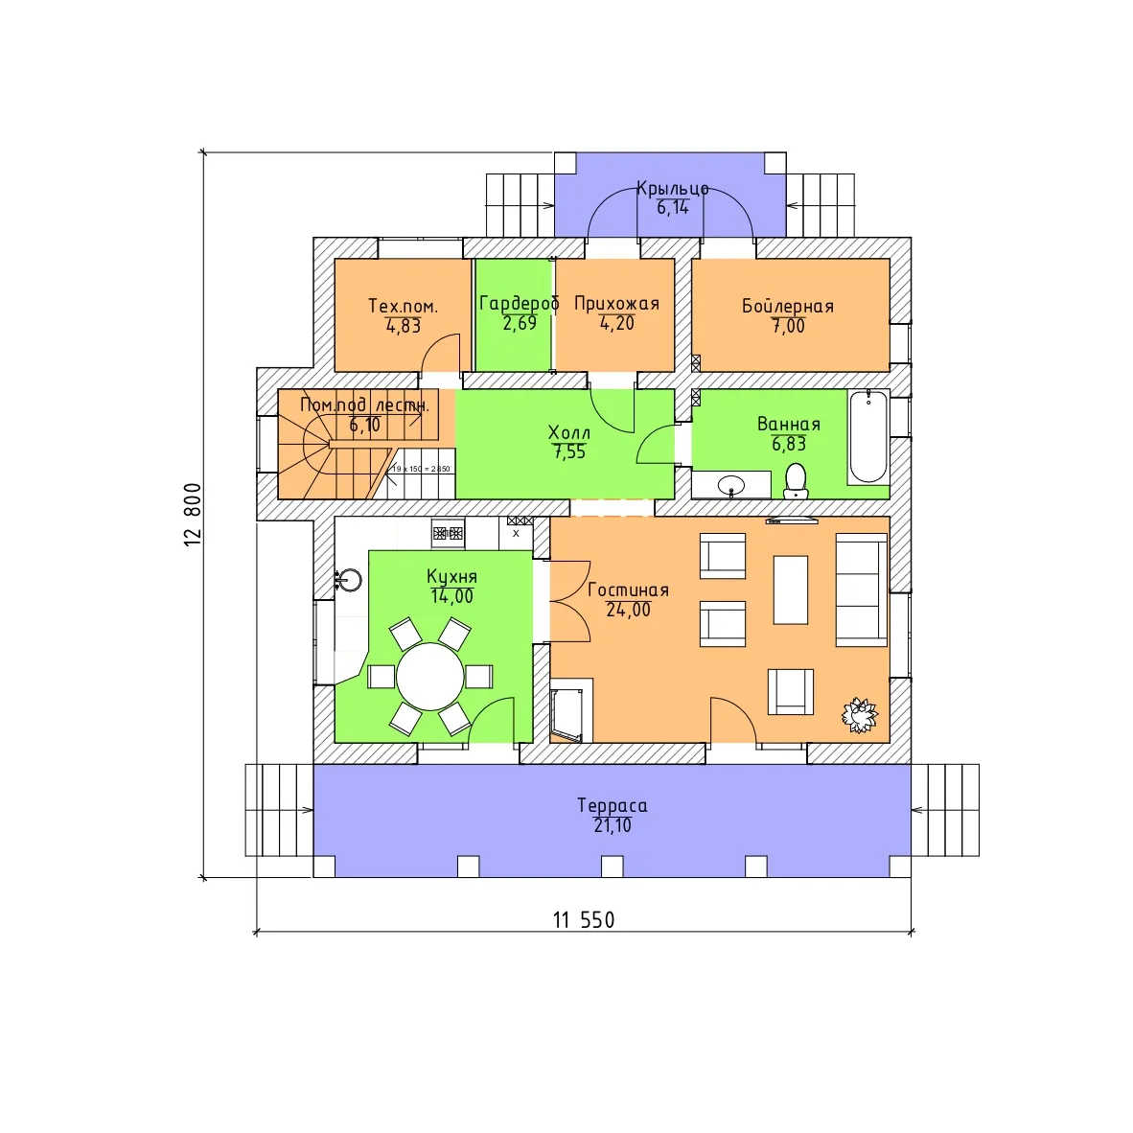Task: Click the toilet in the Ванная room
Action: coord(796,480)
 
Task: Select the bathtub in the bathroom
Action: coord(867,436)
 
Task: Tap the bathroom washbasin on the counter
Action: coord(731,486)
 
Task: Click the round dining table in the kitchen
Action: coord(430,677)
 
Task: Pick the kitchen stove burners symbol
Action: coord(448,533)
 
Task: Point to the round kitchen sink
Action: coord(350,580)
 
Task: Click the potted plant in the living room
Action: coord(859,715)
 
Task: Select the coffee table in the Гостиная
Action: coord(791,590)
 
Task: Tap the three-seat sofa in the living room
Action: coord(862,590)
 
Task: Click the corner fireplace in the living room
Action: coord(568,713)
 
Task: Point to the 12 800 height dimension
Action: coord(193,515)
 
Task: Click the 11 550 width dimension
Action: coord(584,920)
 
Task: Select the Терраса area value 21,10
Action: coord(612,825)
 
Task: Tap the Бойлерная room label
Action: coord(788,306)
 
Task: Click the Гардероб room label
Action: coord(519,303)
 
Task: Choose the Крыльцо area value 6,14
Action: coord(673,208)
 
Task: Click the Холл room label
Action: coord(569,433)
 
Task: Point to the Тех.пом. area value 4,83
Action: coord(404,326)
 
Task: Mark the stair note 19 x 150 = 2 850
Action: coord(421,469)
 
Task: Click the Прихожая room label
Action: coord(616,304)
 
